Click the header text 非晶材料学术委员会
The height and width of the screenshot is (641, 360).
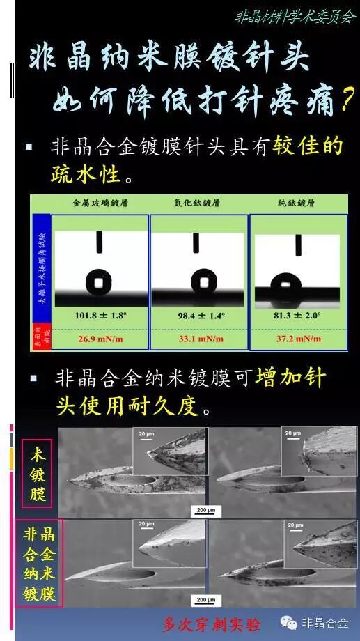click(x=296, y=15)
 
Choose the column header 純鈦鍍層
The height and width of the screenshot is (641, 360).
click(x=297, y=203)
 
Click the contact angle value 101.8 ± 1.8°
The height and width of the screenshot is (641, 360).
click(x=102, y=315)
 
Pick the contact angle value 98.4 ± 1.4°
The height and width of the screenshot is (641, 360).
click(x=199, y=315)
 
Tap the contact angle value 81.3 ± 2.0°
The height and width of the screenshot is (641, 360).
click(x=298, y=315)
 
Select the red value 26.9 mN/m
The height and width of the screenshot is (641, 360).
click(x=102, y=339)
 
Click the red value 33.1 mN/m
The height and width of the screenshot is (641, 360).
click(x=199, y=339)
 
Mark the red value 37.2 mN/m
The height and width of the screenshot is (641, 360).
click(x=298, y=339)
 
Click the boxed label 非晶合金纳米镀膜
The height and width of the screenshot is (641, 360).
click(x=39, y=564)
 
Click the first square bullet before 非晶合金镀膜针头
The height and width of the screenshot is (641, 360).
click(x=29, y=147)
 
